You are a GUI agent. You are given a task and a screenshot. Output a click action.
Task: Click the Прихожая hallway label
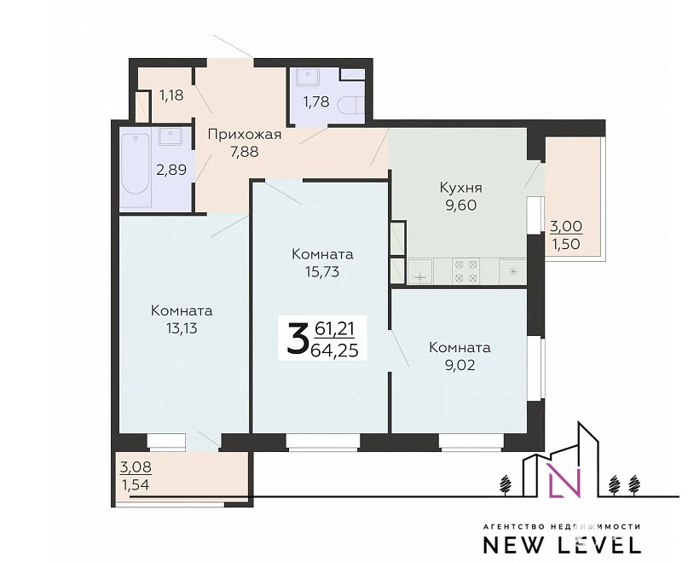(244, 134)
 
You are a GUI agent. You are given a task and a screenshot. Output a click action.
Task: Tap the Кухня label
(460, 188)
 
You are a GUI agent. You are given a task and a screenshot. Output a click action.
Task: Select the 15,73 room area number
(322, 272)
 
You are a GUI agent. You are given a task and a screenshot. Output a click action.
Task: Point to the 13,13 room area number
(182, 328)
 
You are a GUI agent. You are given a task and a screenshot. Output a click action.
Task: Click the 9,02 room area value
(460, 365)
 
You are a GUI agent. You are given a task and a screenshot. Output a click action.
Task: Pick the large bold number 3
(298, 338)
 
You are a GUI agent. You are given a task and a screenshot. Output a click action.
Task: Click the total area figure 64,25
(334, 351)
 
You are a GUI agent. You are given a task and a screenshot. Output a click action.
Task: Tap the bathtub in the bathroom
(136, 167)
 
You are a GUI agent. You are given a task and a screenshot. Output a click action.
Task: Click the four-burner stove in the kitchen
(466, 271)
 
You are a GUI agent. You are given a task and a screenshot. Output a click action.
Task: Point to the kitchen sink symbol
(420, 271)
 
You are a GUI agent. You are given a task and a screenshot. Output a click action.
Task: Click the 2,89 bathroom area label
(171, 170)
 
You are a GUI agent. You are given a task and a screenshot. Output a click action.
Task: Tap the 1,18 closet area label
(171, 95)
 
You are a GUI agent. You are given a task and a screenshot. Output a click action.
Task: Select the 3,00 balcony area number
(566, 227)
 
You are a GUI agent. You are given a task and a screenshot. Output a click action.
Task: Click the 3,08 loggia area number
(136, 466)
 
